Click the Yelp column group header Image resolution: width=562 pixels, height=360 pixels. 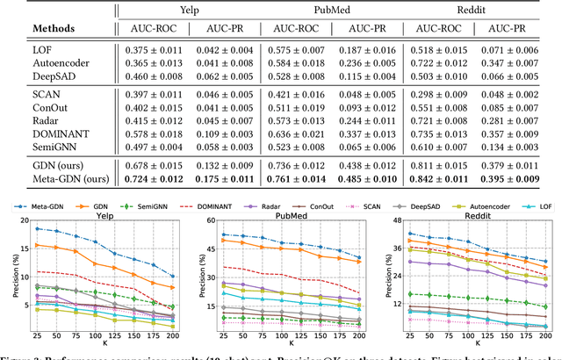216,8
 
